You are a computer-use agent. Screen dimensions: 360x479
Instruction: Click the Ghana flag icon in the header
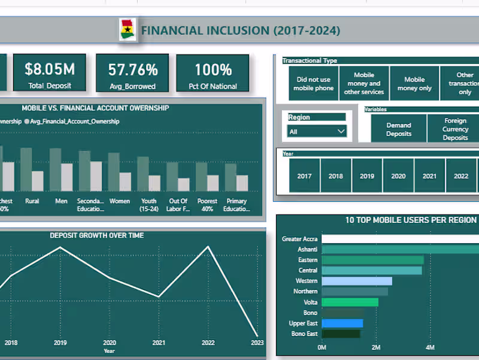tap(128, 30)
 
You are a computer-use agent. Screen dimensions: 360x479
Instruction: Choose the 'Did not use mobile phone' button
tap(313, 84)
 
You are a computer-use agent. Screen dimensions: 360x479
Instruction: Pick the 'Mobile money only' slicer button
tap(414, 84)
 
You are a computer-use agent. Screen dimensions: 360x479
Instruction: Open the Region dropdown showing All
tap(317, 131)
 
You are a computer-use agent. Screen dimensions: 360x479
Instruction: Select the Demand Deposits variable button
tap(399, 129)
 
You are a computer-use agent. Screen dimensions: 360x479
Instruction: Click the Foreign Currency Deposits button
tap(455, 129)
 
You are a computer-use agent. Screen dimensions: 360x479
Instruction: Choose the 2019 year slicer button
tap(367, 176)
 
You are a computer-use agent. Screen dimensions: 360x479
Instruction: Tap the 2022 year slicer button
tap(461, 176)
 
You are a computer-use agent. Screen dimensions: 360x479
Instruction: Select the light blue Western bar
tap(357, 281)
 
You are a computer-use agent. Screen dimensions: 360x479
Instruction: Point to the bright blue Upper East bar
tap(342, 323)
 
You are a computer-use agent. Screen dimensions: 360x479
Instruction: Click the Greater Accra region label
tap(299, 239)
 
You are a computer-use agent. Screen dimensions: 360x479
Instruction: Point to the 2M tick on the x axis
tap(376, 347)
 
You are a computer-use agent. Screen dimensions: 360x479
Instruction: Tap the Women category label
tap(120, 201)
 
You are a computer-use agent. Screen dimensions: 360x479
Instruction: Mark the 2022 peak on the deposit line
tap(208, 247)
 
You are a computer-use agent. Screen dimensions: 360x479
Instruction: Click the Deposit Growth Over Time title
tap(96, 235)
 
